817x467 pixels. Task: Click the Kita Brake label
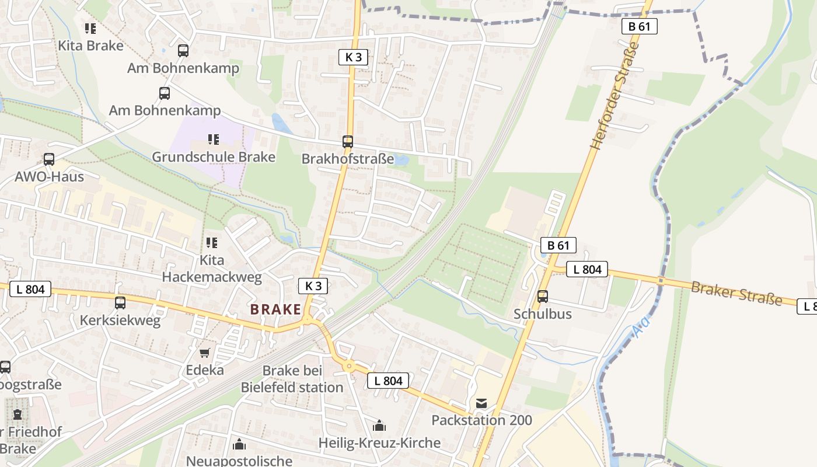point(90,46)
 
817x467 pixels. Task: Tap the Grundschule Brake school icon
point(213,140)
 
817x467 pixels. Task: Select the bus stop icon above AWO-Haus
point(49,159)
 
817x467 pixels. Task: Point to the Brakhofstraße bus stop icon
point(348,141)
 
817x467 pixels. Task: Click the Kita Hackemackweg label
point(212,269)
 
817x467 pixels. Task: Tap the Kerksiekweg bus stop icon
point(120,302)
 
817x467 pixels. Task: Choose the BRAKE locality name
point(275,309)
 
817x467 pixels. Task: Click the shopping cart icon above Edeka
point(204,353)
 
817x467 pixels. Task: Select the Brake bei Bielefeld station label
point(292,379)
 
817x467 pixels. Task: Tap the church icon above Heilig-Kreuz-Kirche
point(379,426)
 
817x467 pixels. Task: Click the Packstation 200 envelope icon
point(481,403)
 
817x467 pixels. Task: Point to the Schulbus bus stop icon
point(543,297)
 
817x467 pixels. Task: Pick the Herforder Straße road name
point(616,96)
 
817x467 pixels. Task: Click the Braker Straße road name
point(736,292)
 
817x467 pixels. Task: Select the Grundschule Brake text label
point(214,157)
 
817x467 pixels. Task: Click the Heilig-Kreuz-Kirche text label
point(379,443)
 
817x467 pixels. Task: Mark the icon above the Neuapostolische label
point(239,445)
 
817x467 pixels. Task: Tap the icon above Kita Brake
point(90,28)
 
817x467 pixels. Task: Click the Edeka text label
point(205,370)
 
